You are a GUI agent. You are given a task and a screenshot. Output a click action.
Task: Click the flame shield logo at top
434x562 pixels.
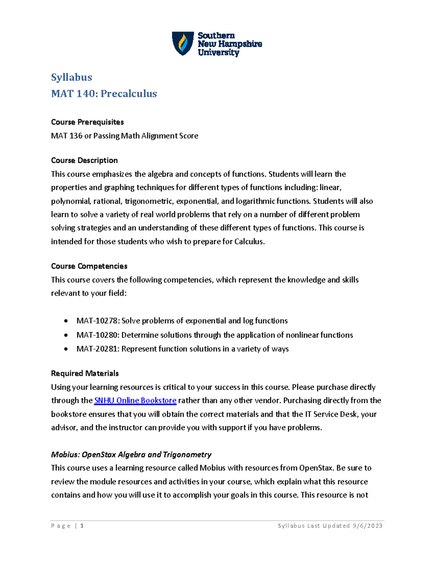[183, 43]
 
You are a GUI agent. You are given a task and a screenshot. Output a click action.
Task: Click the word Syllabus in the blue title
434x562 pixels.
[72, 77]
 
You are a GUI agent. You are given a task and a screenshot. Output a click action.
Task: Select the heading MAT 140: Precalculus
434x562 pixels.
[104, 94]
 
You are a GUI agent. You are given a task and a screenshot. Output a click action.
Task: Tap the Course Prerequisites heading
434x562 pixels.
[87, 122]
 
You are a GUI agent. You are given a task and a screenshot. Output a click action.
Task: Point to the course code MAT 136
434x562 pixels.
[67, 136]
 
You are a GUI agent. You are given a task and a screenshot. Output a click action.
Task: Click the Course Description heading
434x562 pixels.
[84, 160]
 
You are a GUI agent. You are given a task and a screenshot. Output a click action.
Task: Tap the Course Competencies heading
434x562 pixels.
[89, 266]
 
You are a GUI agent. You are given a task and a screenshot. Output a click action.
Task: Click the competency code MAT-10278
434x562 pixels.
[97, 321]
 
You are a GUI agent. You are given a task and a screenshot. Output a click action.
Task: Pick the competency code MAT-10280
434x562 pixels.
[97, 335]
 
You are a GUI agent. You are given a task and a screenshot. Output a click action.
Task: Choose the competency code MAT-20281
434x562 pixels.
[97, 349]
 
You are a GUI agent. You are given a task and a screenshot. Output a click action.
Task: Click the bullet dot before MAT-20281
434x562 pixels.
[65, 349]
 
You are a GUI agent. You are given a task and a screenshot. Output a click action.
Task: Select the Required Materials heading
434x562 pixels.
[85, 373]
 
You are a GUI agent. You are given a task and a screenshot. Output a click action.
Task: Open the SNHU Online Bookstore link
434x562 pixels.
[135, 401]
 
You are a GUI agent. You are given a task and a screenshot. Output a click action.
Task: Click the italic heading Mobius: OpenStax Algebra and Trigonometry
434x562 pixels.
[131, 455]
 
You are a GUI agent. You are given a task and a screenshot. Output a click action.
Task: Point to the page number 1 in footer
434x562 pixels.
[82, 526]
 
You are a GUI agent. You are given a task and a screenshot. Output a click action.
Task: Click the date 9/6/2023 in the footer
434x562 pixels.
[367, 526]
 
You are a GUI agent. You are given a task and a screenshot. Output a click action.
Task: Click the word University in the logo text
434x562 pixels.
[218, 52]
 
